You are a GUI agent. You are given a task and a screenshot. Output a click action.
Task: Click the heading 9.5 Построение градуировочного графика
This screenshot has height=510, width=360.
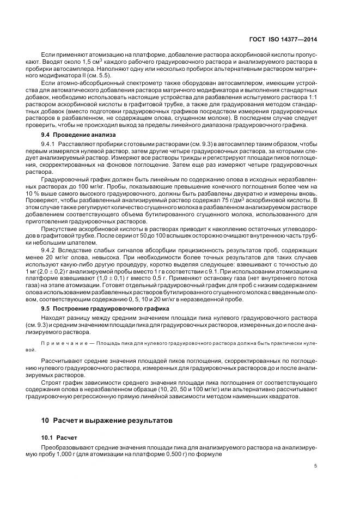[x=92, y=308]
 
